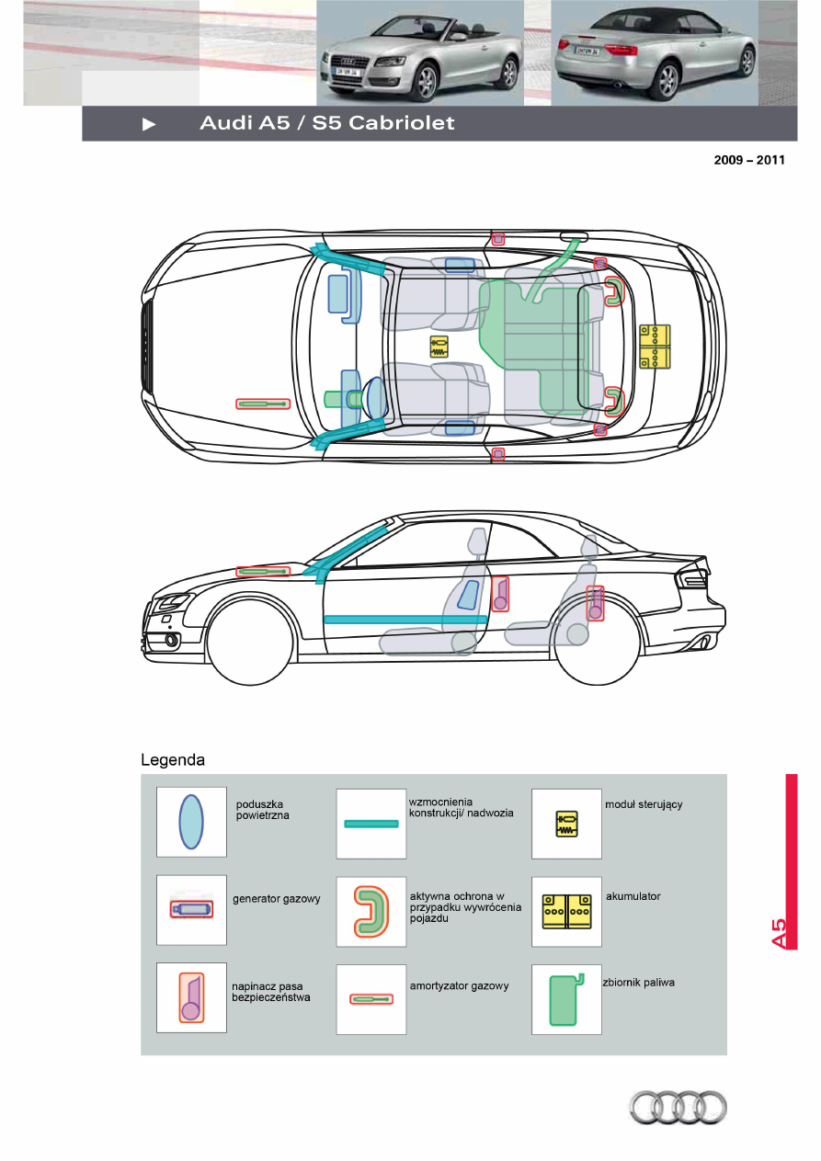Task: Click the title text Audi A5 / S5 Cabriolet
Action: [327, 123]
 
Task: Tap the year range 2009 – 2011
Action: [749, 160]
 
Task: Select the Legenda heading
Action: [173, 760]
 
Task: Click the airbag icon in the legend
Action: [191, 822]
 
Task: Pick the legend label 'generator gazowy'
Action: [277, 899]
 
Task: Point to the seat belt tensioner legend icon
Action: [191, 998]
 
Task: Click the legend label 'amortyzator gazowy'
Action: [459, 985]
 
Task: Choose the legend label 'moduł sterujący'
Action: [644, 804]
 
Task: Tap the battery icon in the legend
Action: [566, 911]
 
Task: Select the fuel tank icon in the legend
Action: [564, 999]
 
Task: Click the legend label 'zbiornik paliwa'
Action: [638, 983]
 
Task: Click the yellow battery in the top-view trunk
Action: [656, 347]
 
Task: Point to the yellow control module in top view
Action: [439, 347]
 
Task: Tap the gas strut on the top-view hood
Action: [263, 404]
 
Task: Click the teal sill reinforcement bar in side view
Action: [405, 620]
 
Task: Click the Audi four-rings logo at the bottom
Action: [678, 1108]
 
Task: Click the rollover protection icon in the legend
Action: [370, 912]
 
